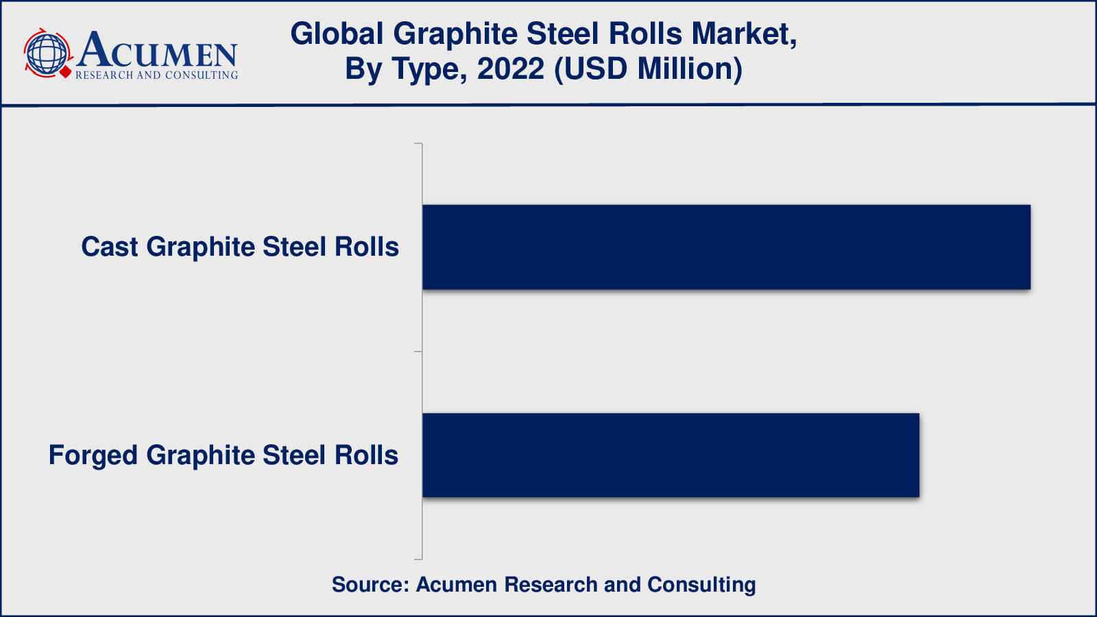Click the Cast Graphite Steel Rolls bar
[x=726, y=247]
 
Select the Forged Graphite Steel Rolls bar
[x=671, y=455]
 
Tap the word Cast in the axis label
[x=109, y=247]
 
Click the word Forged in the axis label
[x=93, y=455]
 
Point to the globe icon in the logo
[x=46, y=53]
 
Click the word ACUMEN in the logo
[x=158, y=50]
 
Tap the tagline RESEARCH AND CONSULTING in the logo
[x=156, y=75]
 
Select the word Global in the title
[x=337, y=34]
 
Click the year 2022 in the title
[x=510, y=69]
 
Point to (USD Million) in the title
[x=648, y=69]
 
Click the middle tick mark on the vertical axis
[x=418, y=352]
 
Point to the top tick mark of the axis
[x=418, y=144]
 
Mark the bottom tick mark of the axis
[x=418, y=559]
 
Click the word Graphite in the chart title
[x=457, y=34]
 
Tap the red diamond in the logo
[x=66, y=71]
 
